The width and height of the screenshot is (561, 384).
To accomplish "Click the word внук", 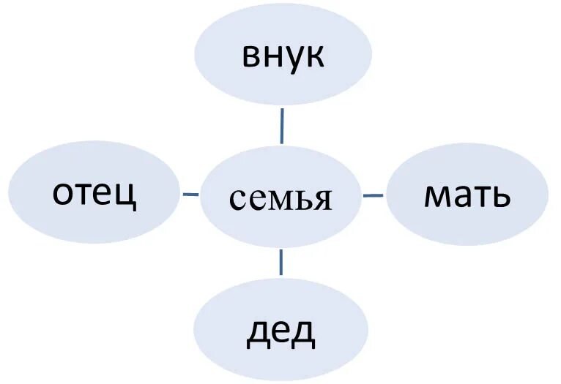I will click(283, 56).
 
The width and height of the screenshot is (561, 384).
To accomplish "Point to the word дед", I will click(280, 332).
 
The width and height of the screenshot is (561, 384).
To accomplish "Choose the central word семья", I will click(280, 198).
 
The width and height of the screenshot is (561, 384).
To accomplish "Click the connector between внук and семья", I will click(282, 126).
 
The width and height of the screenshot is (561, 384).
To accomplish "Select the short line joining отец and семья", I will click(190, 194).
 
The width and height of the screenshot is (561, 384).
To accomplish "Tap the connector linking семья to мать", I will click(373, 195).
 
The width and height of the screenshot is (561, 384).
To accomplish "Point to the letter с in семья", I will click(236, 199).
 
